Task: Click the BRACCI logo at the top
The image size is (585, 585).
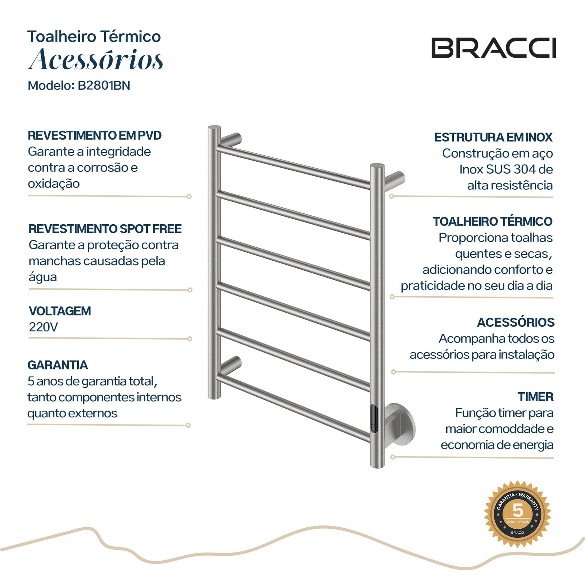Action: click(493, 48)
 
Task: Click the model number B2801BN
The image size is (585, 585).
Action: click(104, 85)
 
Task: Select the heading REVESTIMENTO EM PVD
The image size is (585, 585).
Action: click(94, 135)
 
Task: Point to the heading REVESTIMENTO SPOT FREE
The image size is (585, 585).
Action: click(105, 229)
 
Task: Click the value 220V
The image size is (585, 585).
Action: click(43, 327)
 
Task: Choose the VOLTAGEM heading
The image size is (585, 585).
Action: click(60, 311)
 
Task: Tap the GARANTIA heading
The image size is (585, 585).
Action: click(57, 365)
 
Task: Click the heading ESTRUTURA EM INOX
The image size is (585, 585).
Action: click(493, 137)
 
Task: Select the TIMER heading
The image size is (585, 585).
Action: click(535, 397)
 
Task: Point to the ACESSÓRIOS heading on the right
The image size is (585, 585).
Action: click(516, 322)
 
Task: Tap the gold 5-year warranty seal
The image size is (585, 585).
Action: click(517, 514)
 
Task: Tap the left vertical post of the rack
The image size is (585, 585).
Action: click(214, 262)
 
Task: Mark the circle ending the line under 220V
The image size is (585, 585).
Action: click(190, 339)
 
